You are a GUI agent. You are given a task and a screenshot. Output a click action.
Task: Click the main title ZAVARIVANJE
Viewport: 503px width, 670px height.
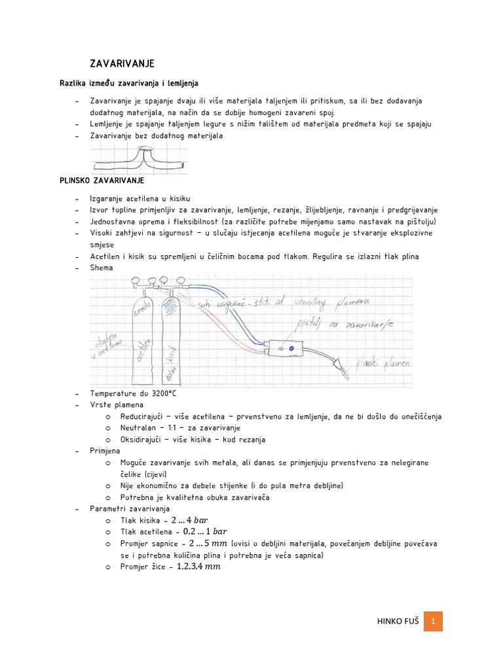pyautogui.click(x=122, y=63)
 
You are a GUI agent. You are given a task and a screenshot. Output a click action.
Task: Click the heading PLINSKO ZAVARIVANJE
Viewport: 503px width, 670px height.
pyautogui.click(x=102, y=180)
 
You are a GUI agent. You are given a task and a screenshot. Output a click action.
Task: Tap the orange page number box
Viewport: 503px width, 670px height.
pyautogui.click(x=433, y=621)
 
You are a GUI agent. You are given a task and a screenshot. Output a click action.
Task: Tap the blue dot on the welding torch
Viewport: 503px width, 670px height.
pyautogui.click(x=291, y=348)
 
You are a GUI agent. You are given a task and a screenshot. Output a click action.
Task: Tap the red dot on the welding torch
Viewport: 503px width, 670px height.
pyautogui.click(x=280, y=348)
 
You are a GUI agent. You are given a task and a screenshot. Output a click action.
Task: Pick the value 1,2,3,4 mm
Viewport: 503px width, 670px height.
pyautogui.click(x=198, y=567)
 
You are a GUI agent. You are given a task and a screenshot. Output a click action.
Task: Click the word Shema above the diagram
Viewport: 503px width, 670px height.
pyautogui.click(x=102, y=267)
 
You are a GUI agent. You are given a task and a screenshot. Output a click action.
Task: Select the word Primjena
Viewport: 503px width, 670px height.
pyautogui.click(x=105, y=451)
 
